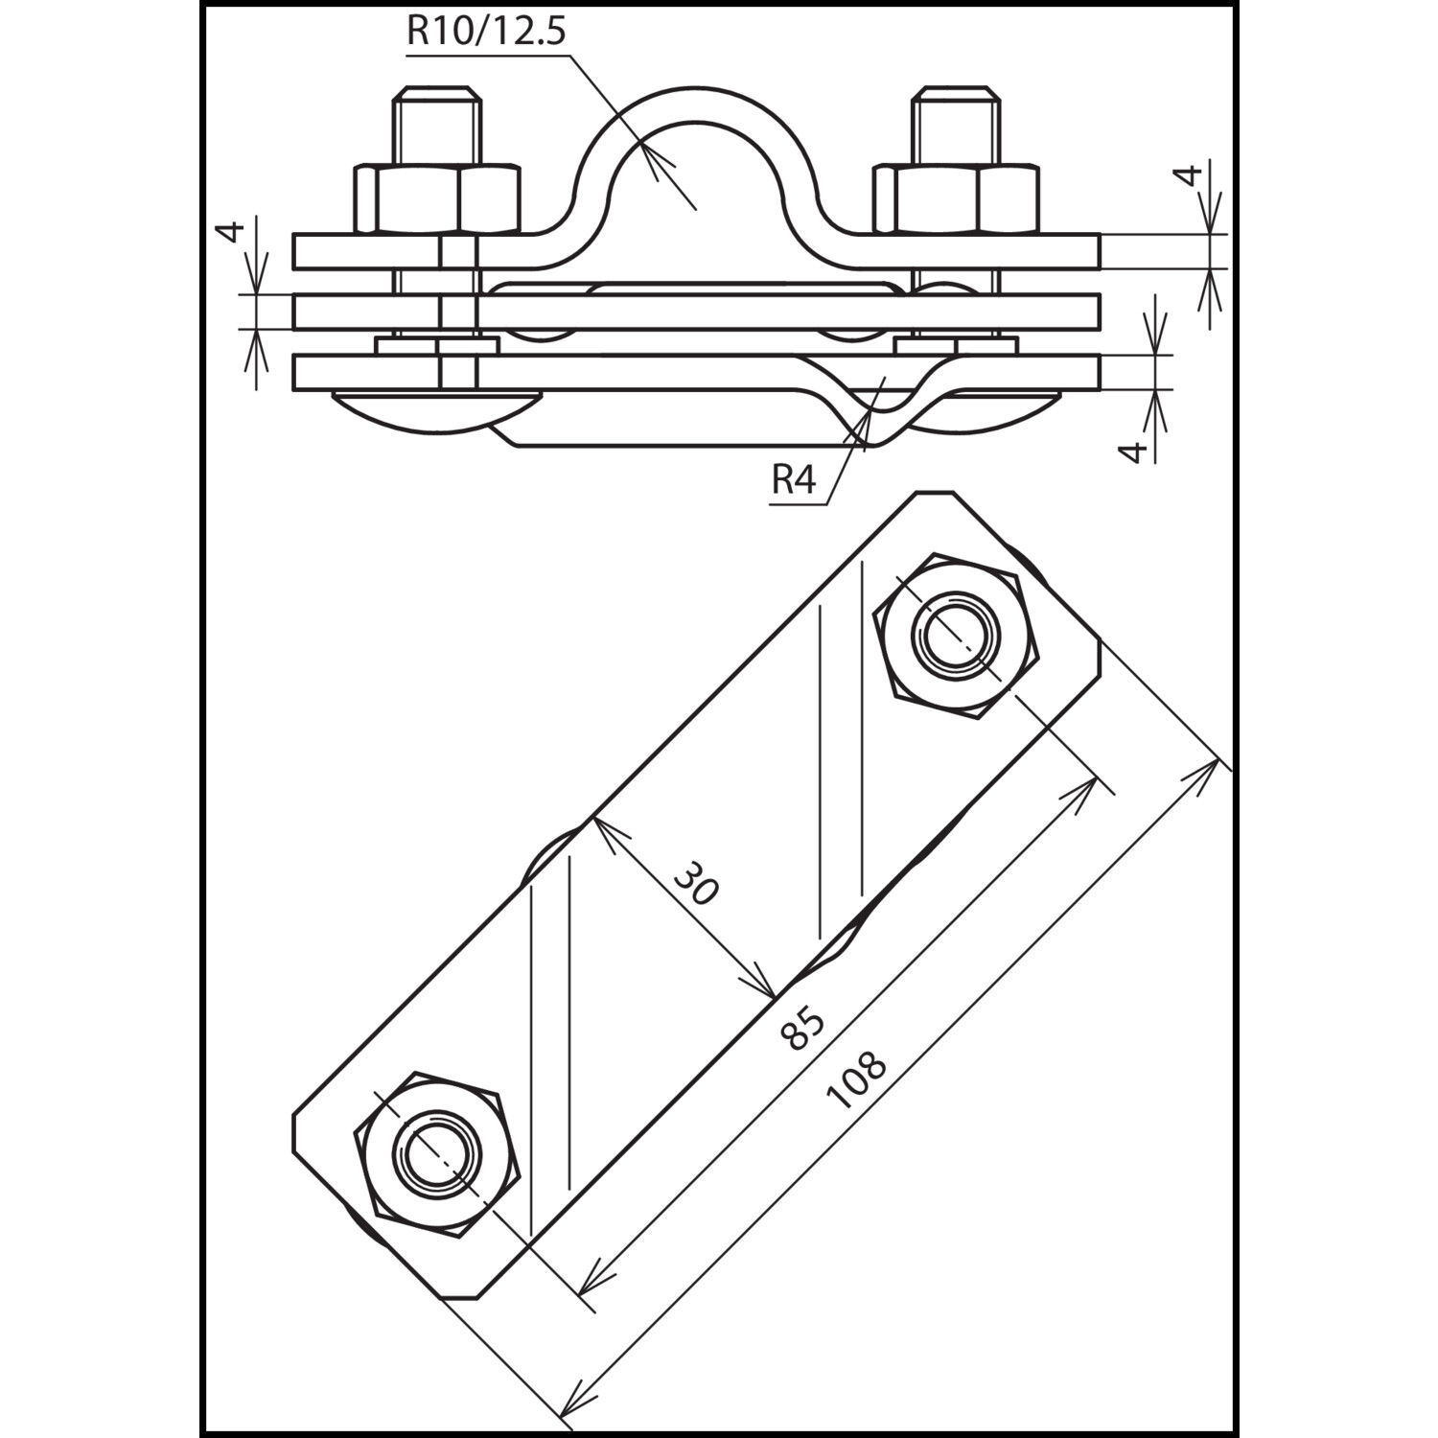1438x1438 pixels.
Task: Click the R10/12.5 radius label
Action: (x=486, y=31)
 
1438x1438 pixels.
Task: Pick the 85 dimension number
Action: (x=802, y=1027)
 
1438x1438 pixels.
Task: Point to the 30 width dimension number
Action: (x=695, y=883)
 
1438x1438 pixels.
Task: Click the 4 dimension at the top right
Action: (x=1189, y=175)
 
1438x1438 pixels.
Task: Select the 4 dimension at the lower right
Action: (x=1134, y=451)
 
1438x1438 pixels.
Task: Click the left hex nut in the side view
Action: (x=437, y=199)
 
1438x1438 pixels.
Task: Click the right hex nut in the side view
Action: (x=956, y=199)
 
